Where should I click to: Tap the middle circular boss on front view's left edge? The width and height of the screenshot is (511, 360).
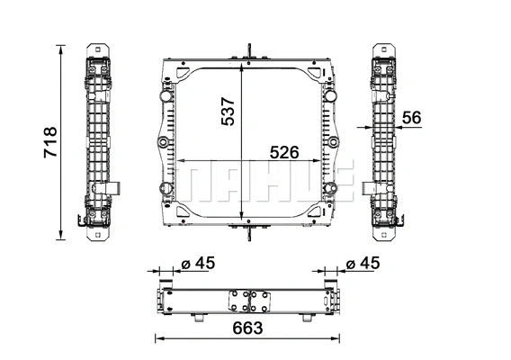pyautogui.click(x=163, y=144)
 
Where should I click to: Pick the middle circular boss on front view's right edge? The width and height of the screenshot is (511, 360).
pyautogui.click(x=336, y=144)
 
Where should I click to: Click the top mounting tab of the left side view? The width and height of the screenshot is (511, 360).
pyautogui.click(x=98, y=51)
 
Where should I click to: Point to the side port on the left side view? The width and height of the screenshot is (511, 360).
pyautogui.click(x=116, y=188)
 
